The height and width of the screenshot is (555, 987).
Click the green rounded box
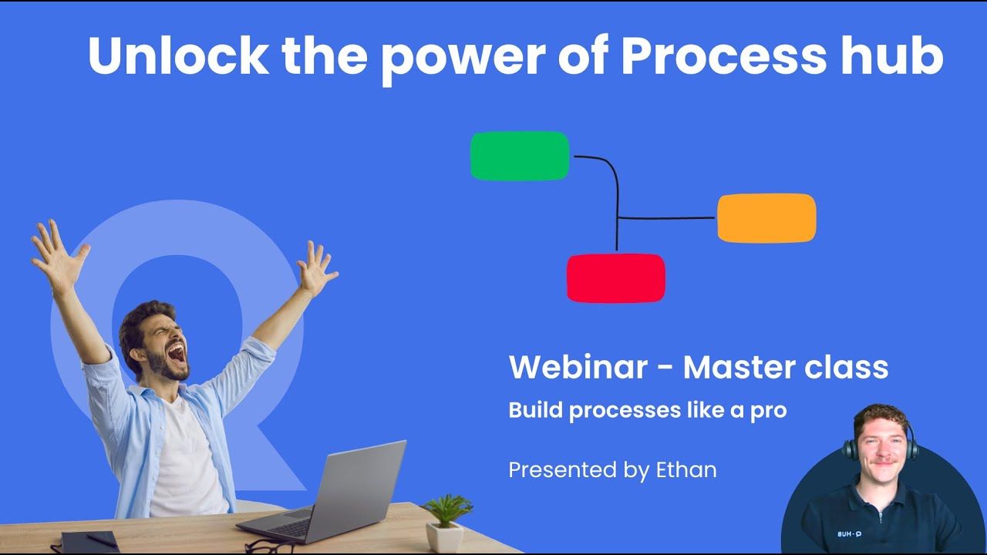click(x=520, y=156)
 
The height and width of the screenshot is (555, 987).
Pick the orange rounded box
click(x=766, y=218)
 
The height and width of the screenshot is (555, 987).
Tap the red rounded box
click(x=615, y=278)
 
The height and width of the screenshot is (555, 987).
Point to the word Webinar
click(x=578, y=368)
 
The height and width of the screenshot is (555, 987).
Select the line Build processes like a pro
click(x=647, y=410)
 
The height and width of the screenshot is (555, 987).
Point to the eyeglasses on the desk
click(x=270, y=546)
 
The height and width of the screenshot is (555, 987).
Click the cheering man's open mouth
click(x=177, y=354)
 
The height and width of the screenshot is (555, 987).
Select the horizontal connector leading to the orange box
click(x=667, y=218)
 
